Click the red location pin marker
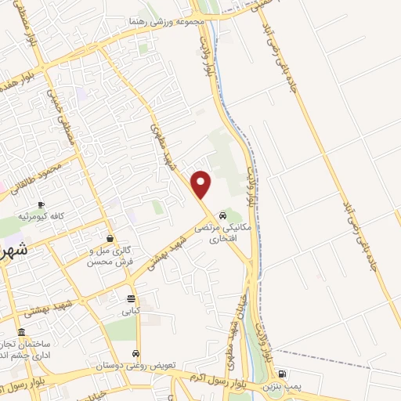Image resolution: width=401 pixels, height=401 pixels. coord(202,183)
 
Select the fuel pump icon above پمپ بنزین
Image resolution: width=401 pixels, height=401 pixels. coord(282,374)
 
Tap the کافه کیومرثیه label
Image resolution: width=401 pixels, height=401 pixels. coord(42,216)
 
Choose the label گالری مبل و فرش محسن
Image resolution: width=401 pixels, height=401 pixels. coord(110,255)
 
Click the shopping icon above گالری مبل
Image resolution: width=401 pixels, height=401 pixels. coord(109,239)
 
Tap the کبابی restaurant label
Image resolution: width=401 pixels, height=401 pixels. coord(130,310)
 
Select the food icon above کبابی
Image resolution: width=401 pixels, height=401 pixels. coord(130,298)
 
